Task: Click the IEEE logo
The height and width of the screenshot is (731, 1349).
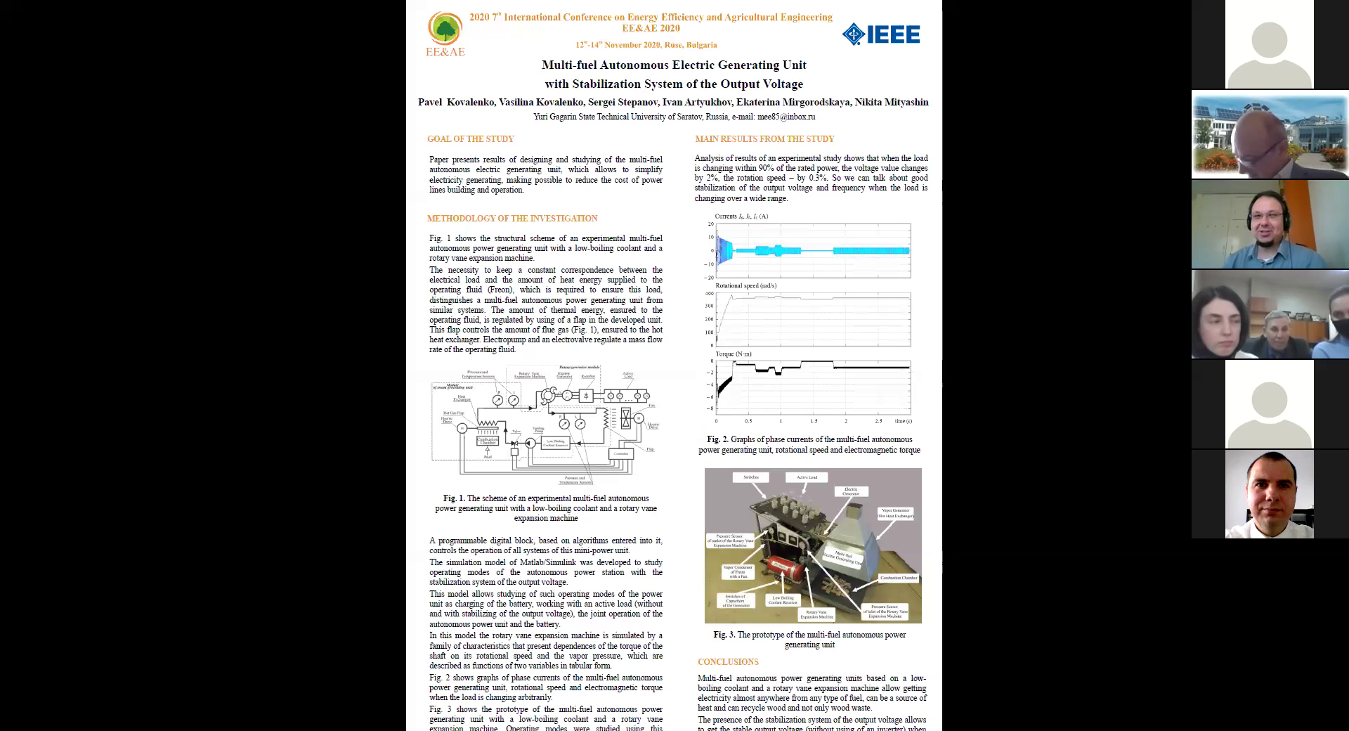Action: [x=881, y=34]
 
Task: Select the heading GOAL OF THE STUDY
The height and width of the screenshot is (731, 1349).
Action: [x=470, y=139]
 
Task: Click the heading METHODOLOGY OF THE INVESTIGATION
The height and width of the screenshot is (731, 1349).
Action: [x=512, y=219]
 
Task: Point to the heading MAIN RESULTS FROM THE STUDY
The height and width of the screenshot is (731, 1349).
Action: [x=764, y=139]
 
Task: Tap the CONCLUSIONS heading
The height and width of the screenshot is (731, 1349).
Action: [x=728, y=662]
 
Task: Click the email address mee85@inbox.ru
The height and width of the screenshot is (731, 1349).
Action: [x=786, y=117]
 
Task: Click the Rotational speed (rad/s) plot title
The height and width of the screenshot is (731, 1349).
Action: [x=745, y=285]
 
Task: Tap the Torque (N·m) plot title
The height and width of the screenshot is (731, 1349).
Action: [x=734, y=354]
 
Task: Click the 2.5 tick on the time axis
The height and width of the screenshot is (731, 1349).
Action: [x=878, y=421]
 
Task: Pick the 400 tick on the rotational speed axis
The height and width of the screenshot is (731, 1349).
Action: [x=709, y=294]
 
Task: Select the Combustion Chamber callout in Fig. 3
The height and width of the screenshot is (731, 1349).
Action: [x=899, y=578]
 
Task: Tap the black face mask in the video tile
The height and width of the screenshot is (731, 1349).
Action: [x=1340, y=327]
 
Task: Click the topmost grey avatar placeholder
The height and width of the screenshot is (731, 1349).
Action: [x=1269, y=49]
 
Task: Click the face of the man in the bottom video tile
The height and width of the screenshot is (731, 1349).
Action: [x=1270, y=492]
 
